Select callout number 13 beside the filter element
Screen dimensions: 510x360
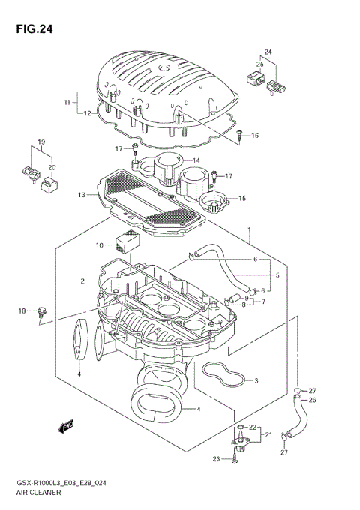coord(81,195)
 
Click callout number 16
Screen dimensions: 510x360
coord(255,136)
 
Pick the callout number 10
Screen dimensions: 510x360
coord(100,245)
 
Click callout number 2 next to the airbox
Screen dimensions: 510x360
coord(83,281)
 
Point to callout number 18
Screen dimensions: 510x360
coord(22,310)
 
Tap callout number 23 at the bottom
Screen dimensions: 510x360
coord(217,459)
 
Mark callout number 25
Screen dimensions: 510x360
coord(259,65)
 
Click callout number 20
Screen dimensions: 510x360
coord(51,167)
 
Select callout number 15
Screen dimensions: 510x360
coord(242,198)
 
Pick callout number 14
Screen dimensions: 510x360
coord(196,160)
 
